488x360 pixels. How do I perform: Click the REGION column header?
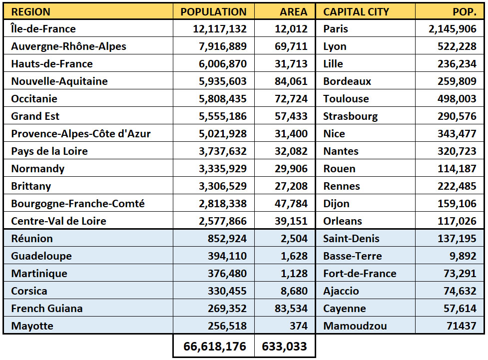[x=30, y=12]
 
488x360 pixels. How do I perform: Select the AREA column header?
[x=294, y=12]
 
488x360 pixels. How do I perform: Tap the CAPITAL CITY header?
[x=356, y=12]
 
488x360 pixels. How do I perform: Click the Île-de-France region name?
[x=43, y=28]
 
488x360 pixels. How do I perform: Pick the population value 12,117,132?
[x=220, y=29]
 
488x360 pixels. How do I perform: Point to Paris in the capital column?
[x=336, y=29]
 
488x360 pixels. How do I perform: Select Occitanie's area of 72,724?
[x=291, y=99]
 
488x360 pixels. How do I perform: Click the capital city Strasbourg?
[x=351, y=116]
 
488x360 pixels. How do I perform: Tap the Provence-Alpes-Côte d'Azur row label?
[x=81, y=133]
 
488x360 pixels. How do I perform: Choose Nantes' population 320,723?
[x=457, y=151]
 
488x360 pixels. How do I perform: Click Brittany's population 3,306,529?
[x=223, y=186]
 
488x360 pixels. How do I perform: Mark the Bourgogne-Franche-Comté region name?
[x=78, y=204]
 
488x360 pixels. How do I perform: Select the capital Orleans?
[x=343, y=221]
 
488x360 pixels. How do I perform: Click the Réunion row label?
[x=32, y=238]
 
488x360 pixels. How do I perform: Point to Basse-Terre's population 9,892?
[x=463, y=256]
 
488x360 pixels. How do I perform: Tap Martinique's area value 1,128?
[x=294, y=274]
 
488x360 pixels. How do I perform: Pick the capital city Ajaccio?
[x=341, y=291]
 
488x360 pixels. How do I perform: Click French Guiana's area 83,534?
[x=291, y=309]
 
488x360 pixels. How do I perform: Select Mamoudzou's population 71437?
[x=461, y=326]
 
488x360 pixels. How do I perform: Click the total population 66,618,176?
[x=215, y=347]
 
